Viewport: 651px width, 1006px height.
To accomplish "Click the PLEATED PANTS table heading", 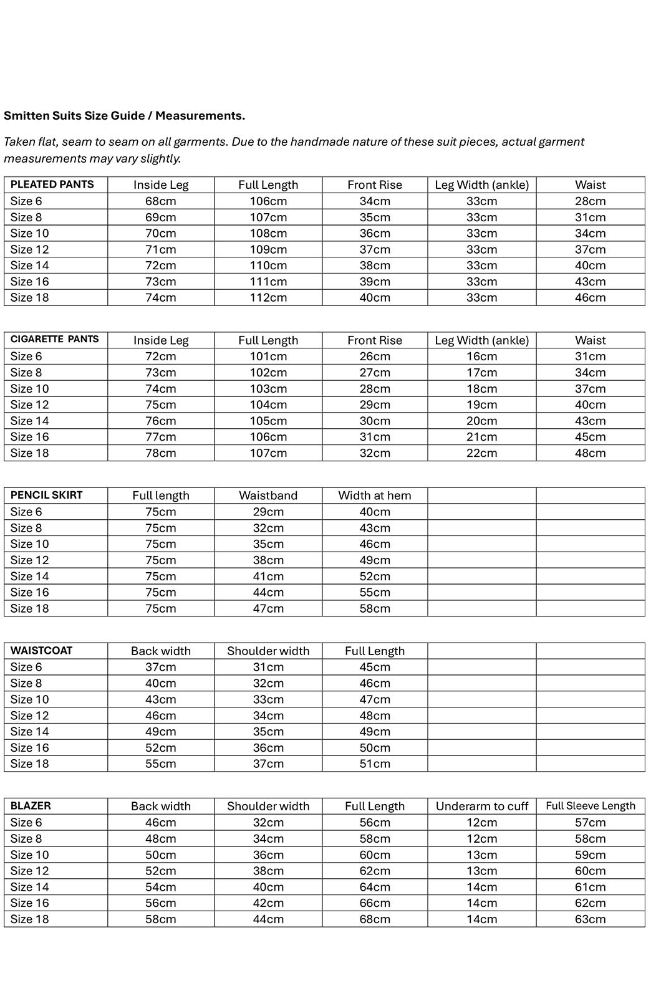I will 52,184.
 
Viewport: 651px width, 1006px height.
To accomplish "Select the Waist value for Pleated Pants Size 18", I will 590,298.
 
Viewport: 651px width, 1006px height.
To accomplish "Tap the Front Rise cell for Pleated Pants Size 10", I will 375,233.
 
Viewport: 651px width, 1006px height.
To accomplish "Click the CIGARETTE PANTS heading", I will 55,340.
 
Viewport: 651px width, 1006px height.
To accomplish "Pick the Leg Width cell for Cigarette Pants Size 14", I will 481,421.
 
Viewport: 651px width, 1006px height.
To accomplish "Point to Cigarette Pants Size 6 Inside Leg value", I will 161,357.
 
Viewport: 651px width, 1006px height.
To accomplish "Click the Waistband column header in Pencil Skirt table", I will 268,496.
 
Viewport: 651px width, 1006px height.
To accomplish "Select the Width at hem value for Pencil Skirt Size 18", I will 375,608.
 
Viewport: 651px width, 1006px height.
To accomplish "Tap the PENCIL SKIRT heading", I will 47,496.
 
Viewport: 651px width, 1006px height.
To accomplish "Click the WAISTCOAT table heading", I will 42,651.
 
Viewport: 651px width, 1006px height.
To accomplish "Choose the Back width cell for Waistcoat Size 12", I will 161,716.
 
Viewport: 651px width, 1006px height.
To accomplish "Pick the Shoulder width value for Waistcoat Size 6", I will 268,667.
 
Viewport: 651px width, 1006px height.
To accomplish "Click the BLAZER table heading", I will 31,806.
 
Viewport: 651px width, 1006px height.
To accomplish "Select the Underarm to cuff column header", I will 481,806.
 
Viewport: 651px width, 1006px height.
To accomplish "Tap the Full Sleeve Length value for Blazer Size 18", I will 590,919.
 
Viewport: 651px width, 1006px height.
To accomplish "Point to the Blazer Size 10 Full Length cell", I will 375,855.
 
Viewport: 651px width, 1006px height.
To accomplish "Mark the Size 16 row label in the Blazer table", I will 30,903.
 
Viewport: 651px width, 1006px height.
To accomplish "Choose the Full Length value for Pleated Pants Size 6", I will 268,201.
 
